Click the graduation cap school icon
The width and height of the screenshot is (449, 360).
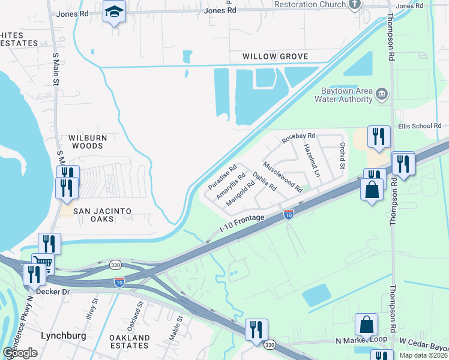113,12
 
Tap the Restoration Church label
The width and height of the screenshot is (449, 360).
310,4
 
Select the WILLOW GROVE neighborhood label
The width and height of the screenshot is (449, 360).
275,56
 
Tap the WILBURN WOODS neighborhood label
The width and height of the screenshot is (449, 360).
88,142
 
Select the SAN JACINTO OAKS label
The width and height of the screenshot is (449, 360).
102,211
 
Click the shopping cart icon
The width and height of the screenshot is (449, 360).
43,263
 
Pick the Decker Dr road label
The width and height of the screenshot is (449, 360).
53,292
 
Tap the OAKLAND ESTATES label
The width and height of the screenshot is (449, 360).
130,342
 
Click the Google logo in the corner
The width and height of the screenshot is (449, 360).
20,353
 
